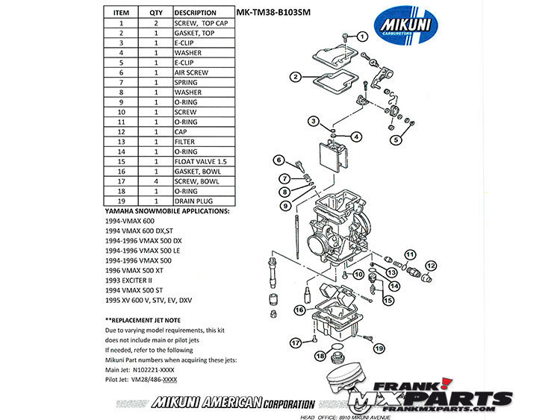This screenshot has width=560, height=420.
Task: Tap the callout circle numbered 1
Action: pos(363,37)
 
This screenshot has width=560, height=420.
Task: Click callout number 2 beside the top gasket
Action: pos(296,77)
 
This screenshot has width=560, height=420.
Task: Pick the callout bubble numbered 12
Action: pos(430,264)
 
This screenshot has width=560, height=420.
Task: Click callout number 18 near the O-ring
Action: pos(320,356)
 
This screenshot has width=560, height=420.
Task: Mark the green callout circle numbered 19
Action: pos(379,348)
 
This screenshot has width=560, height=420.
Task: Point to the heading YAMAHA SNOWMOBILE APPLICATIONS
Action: pos(164,212)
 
